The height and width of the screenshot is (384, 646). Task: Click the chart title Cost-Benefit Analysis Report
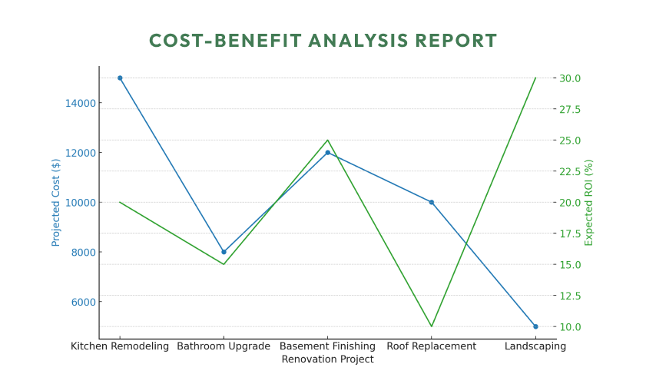(x=323, y=41)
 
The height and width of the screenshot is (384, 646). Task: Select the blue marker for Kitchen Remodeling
(x=120, y=78)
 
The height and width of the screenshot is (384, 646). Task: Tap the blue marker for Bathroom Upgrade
(x=224, y=252)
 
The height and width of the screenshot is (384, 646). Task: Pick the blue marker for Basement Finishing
(x=327, y=152)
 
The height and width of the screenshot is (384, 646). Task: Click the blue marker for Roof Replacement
(x=432, y=202)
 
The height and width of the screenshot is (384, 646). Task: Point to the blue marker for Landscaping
(x=535, y=326)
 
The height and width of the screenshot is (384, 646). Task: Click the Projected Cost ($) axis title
(x=56, y=202)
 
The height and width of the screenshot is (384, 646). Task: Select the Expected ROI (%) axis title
(x=589, y=202)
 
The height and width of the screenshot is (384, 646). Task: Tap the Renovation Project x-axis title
(x=327, y=359)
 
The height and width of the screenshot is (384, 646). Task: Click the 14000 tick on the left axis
(x=80, y=103)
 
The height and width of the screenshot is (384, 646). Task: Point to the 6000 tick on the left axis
(x=82, y=302)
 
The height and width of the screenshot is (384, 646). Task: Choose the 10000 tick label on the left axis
(x=80, y=202)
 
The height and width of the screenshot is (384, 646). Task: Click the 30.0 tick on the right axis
(x=570, y=78)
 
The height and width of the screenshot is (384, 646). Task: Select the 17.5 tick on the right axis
(x=570, y=233)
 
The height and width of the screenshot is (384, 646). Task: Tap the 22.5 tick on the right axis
(x=570, y=171)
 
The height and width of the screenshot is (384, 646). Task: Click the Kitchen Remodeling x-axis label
(x=120, y=346)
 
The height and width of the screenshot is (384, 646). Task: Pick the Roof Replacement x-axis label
(x=432, y=346)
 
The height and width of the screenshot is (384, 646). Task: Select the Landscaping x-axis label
(x=535, y=346)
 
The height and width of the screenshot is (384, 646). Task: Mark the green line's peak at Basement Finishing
(x=327, y=140)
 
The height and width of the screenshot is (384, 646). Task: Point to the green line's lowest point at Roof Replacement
(x=432, y=326)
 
